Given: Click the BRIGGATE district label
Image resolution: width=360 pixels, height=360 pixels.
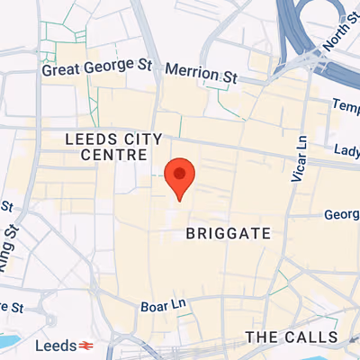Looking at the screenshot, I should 228,233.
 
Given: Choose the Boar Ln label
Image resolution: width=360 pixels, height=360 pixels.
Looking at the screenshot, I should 162,306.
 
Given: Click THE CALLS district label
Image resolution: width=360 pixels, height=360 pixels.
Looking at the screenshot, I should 292,337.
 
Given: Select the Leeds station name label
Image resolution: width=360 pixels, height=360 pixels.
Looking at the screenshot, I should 55,346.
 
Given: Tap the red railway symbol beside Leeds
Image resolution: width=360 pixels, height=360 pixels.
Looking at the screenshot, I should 86,346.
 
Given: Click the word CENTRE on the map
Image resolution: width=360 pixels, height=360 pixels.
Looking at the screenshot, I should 114,156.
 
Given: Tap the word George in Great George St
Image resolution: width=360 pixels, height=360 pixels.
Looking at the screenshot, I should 106,67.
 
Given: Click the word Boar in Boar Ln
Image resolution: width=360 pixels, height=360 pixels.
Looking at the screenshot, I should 153,306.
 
